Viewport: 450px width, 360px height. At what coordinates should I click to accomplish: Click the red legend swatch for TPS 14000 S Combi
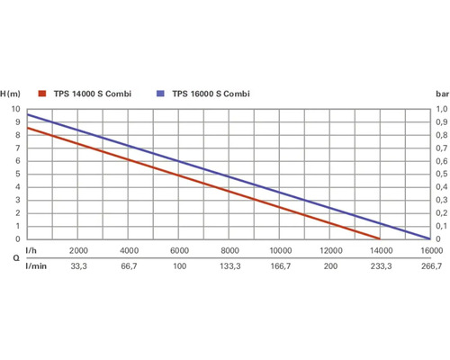41,94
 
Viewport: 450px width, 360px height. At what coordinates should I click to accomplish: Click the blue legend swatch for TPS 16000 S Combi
159,94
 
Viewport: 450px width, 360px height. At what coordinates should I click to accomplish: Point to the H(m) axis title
11,94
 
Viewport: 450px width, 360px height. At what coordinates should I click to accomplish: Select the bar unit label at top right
441,94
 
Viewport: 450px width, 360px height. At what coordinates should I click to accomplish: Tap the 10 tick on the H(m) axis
15,109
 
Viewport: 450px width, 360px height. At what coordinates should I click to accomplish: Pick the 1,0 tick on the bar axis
441,109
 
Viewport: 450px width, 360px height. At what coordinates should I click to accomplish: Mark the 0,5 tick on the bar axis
441,174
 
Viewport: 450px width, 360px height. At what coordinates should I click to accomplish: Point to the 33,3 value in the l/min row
78,267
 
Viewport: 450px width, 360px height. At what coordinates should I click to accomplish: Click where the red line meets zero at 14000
380,238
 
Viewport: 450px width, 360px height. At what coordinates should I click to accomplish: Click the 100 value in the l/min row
179,267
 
